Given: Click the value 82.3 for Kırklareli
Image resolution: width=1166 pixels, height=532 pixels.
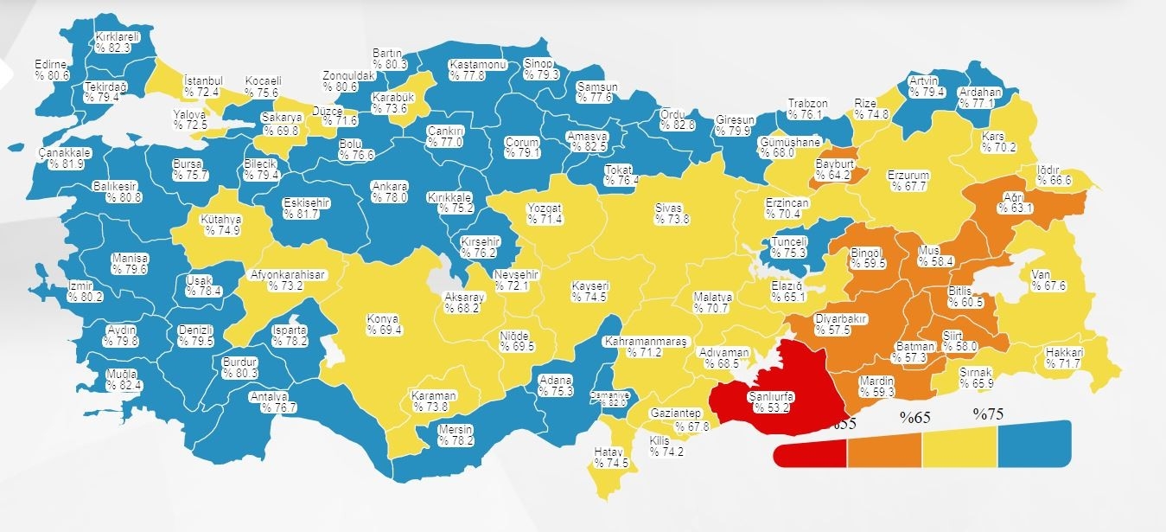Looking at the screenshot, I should pos(115,48).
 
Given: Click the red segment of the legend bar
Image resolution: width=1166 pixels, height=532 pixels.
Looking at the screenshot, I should pos(810,452).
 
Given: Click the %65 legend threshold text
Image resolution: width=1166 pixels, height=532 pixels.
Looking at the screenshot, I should pos(914,417).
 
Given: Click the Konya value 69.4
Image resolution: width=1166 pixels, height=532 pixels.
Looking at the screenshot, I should pos(385,330).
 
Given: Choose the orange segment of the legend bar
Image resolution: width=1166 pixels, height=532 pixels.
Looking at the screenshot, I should pos(884,452).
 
